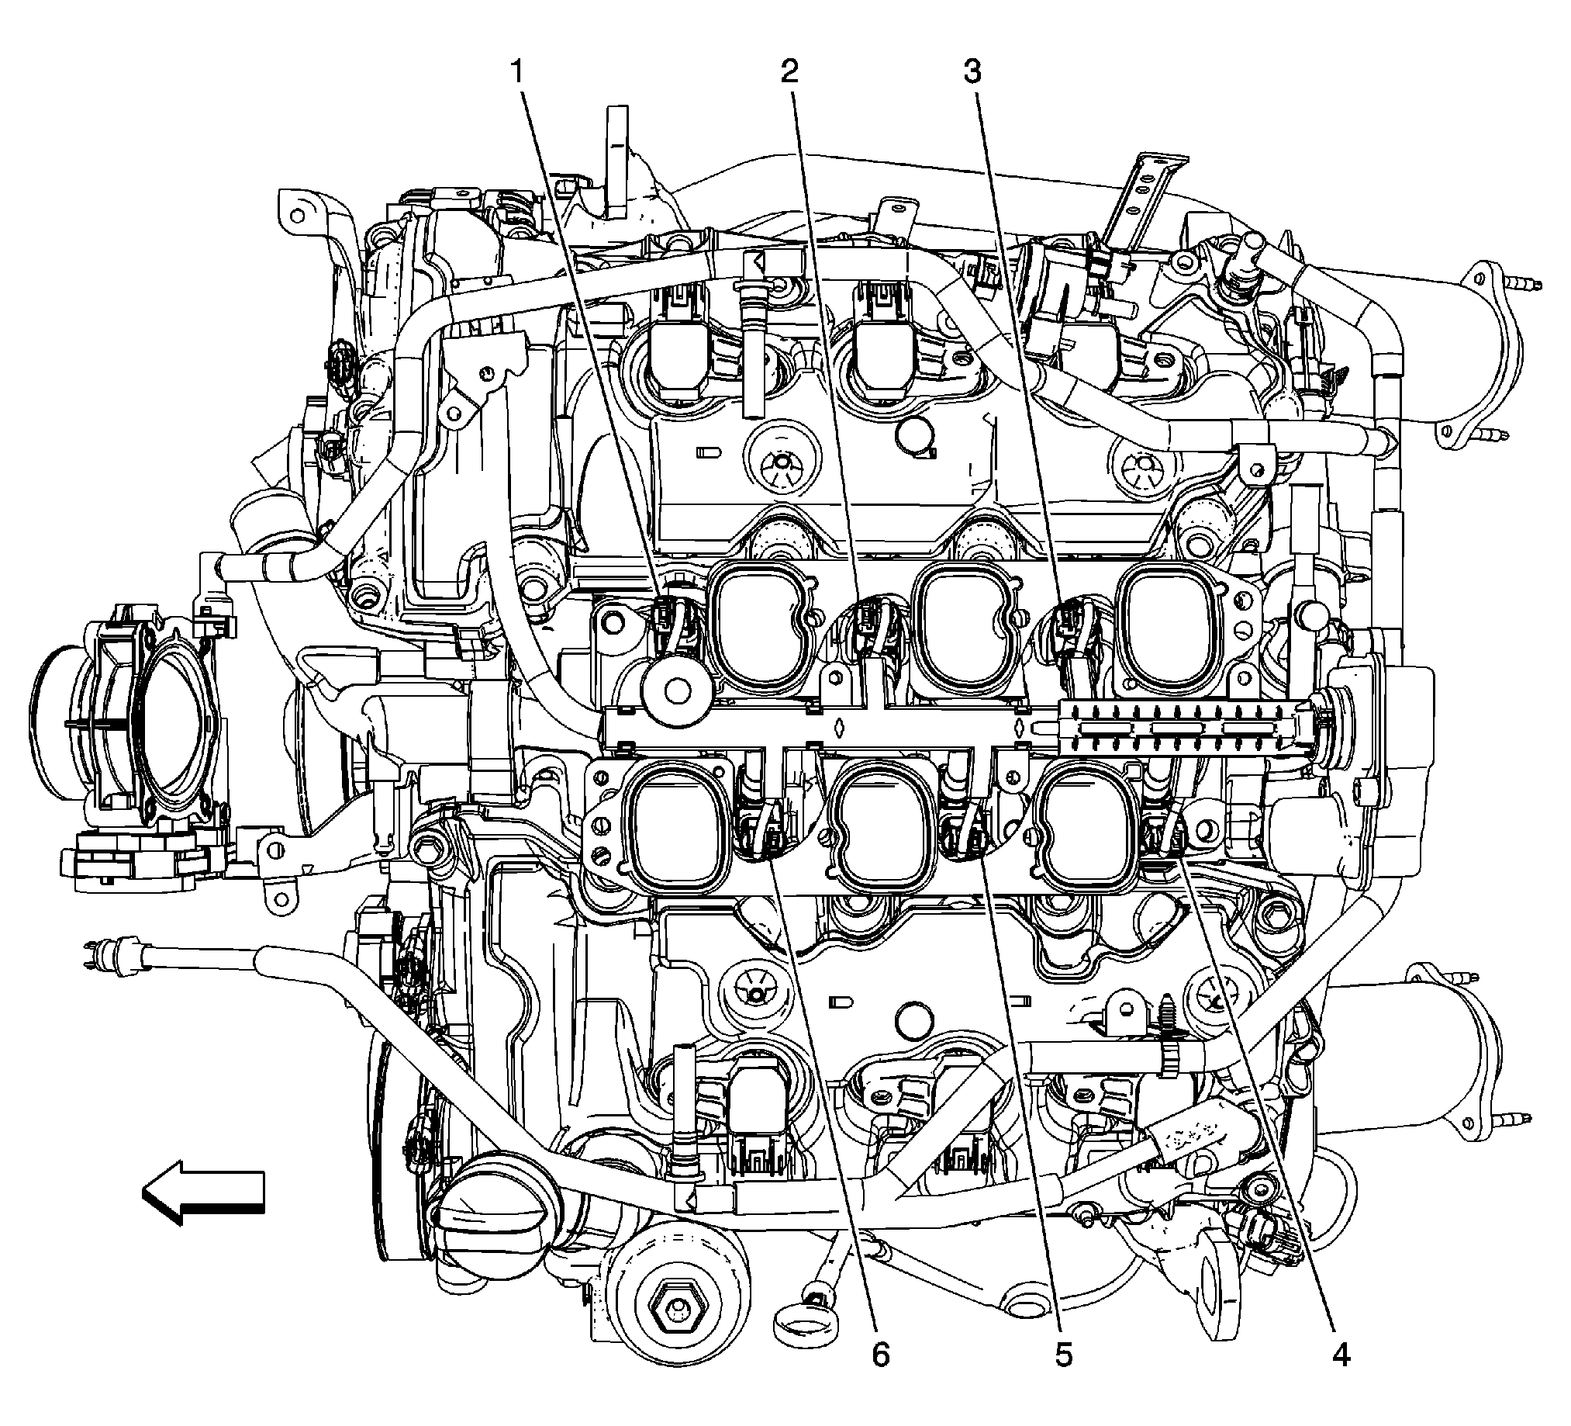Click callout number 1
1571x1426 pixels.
pyautogui.click(x=516, y=71)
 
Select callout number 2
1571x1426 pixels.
pyautogui.click(x=789, y=71)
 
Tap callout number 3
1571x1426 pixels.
pyautogui.click(x=972, y=71)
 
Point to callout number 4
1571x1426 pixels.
pyautogui.click(x=1340, y=1378)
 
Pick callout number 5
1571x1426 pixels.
pyautogui.click(x=1064, y=1378)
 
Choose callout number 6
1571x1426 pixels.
pyautogui.click(x=880, y=1378)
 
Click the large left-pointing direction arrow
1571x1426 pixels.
pyautogui.click(x=203, y=1193)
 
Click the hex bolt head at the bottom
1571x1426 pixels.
pyautogui.click(x=675, y=1317)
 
